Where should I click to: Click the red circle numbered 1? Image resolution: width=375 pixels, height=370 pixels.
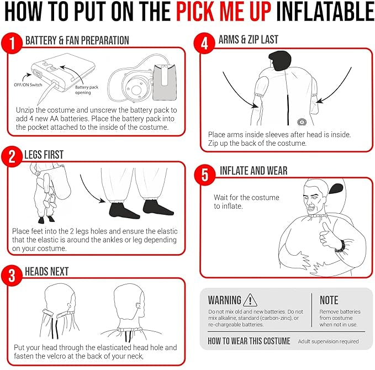point(12,44)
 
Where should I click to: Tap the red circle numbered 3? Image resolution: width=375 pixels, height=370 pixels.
point(12,276)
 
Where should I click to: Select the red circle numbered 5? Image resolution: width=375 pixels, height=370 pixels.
point(205,175)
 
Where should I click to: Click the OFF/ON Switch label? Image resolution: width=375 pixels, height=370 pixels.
point(28,84)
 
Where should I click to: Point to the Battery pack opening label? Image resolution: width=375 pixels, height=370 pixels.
point(86,89)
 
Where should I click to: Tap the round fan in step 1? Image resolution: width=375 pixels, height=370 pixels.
point(136,88)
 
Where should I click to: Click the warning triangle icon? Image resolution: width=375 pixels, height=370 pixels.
point(250,300)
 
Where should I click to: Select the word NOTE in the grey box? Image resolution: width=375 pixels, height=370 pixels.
point(329,300)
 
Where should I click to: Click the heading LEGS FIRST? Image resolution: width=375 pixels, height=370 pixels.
point(44,155)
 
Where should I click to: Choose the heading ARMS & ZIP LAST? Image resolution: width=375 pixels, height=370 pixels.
point(249,39)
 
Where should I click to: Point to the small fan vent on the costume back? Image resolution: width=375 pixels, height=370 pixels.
point(302,122)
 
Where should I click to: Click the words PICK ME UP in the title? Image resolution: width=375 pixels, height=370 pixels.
point(224,12)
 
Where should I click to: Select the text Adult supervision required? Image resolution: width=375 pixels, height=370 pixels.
point(328,341)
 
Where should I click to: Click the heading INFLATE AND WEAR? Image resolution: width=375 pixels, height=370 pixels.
point(253,171)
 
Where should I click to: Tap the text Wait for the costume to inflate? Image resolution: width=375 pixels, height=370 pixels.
point(246,202)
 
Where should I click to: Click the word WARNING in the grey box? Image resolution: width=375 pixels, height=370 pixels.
point(225,300)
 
